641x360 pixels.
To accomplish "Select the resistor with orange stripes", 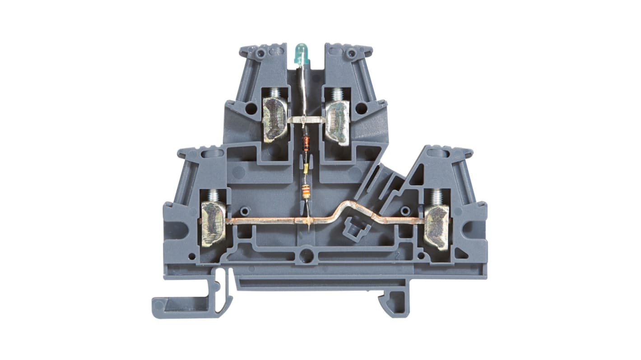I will pos(307,192).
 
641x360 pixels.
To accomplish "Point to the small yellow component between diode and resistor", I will pos(307,169).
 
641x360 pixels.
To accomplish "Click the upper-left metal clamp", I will pos(275,120).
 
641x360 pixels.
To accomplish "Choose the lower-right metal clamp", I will pos(436,227).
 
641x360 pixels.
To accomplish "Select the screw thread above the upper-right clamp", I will pos(336,94).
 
